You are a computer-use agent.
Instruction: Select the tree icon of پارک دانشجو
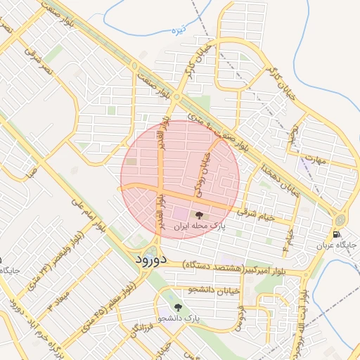point(176,307)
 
